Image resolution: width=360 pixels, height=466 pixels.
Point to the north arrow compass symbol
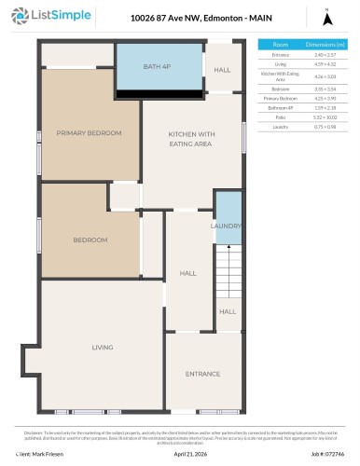(326, 17)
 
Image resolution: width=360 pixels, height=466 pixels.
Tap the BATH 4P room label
(159, 66)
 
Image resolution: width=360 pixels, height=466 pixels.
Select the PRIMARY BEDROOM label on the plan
(89, 132)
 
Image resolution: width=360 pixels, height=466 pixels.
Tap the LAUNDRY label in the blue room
(227, 226)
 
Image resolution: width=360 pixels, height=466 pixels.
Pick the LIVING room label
(102, 348)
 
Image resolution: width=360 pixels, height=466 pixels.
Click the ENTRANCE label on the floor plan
(202, 374)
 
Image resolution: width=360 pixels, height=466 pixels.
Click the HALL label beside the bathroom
(222, 70)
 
